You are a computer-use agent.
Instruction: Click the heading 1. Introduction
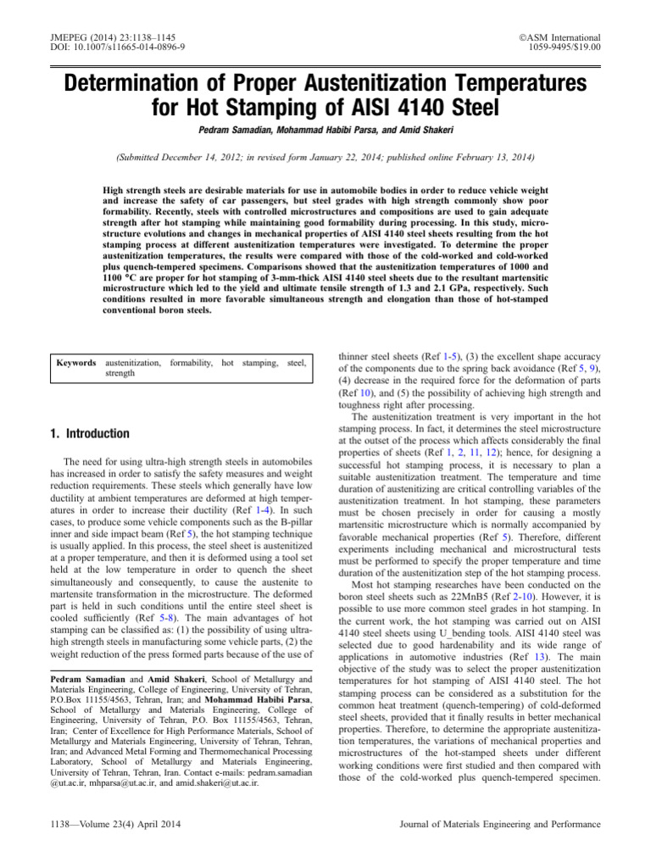click(x=91, y=434)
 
